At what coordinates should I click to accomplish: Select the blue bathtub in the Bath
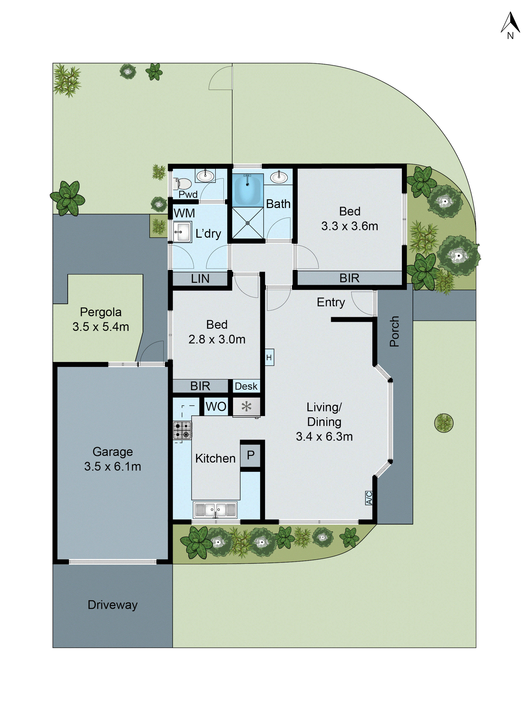tap(247, 190)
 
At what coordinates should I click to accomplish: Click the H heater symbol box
tap(269, 357)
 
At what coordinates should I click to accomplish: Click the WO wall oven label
tap(216, 407)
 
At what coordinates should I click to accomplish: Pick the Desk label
tap(246, 386)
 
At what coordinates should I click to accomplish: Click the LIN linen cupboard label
tap(200, 279)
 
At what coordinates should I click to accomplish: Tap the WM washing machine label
tap(184, 213)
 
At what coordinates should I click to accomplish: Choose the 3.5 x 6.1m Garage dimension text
tap(113, 466)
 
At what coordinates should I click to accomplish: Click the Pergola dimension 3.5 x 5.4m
tap(101, 327)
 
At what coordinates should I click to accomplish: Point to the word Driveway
tap(113, 605)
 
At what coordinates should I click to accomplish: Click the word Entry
tap(331, 302)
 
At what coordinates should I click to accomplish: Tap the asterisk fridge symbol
tap(246, 407)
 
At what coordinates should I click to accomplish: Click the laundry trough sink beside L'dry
tap(182, 232)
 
